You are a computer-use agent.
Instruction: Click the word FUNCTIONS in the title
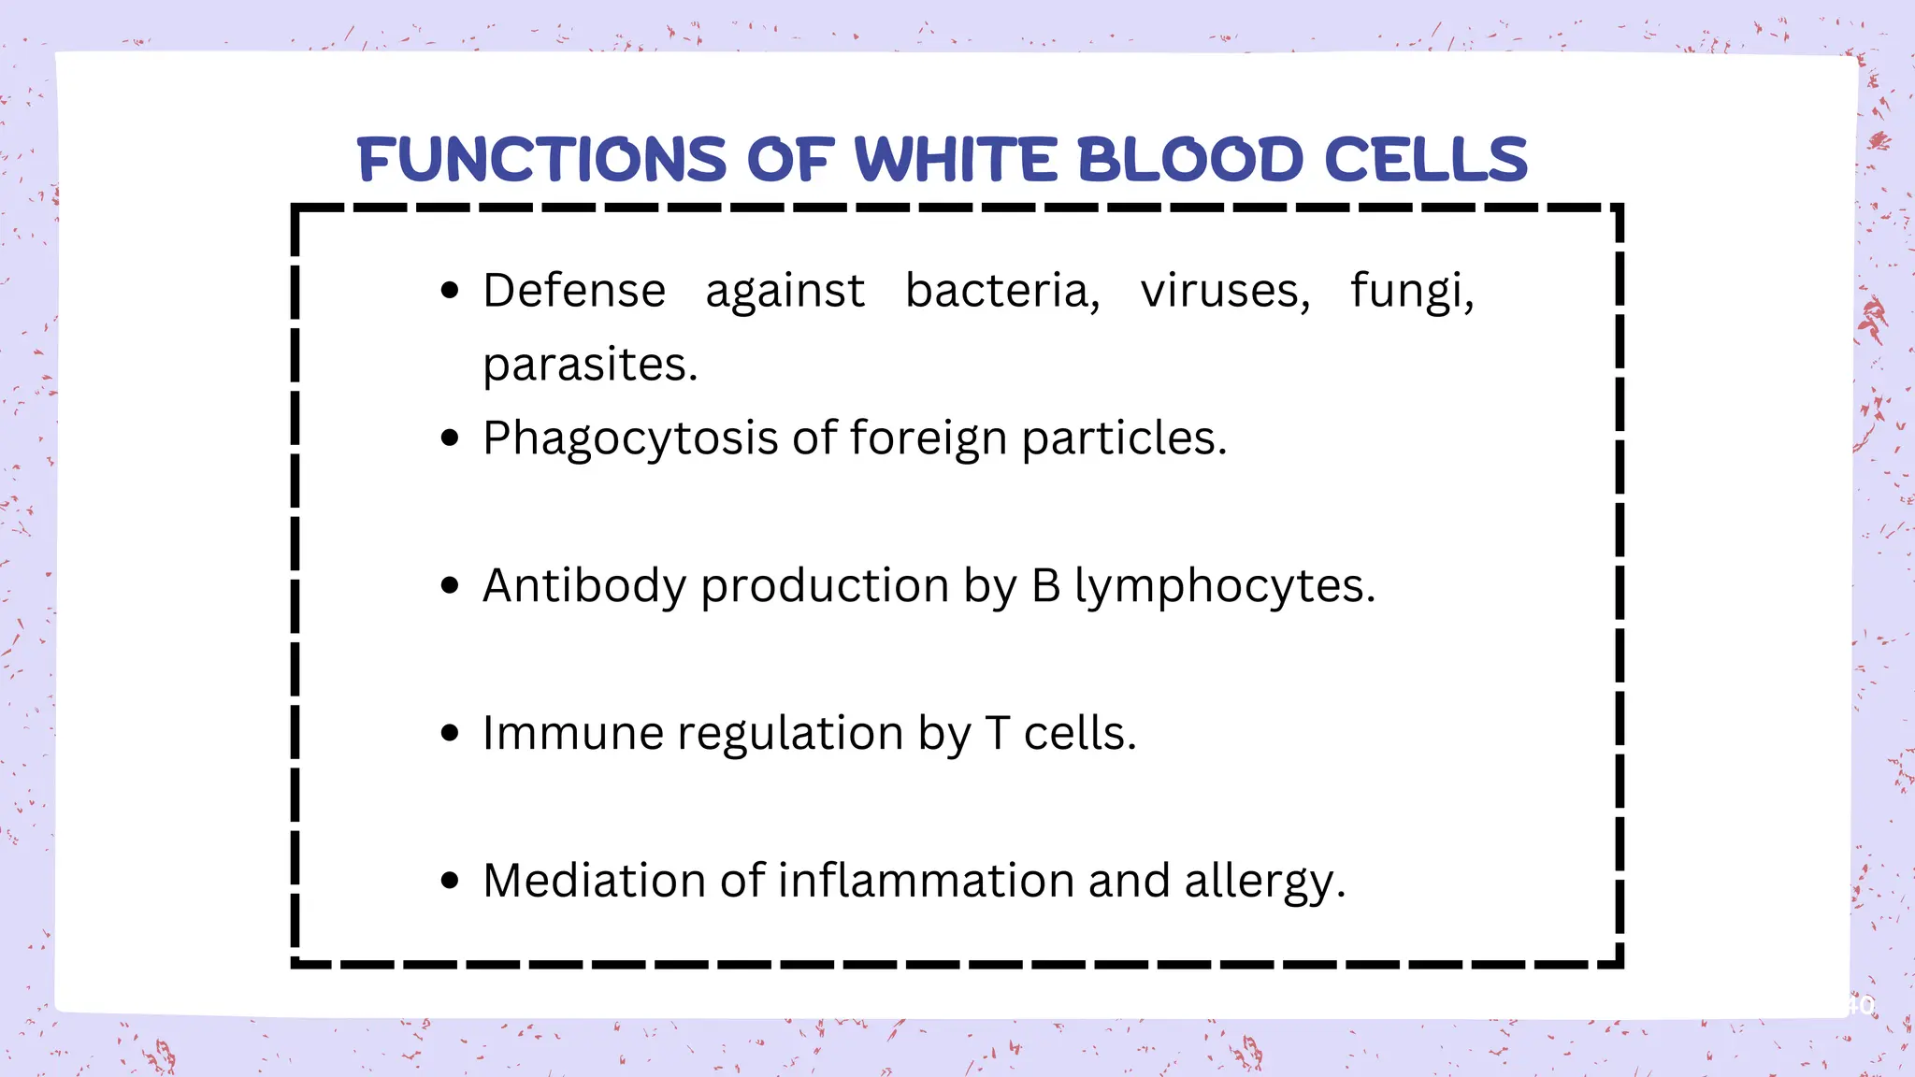[541, 159]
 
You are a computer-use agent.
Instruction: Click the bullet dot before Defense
[450, 291]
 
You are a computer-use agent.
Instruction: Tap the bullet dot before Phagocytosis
[450, 438]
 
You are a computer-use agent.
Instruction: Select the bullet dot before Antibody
[450, 586]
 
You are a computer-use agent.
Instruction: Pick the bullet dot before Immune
[450, 733]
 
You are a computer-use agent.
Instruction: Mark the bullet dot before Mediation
[450, 881]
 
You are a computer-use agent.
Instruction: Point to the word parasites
[590, 366]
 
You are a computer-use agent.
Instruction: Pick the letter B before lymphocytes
[1046, 586]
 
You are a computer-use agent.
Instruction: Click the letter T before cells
[998, 733]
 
